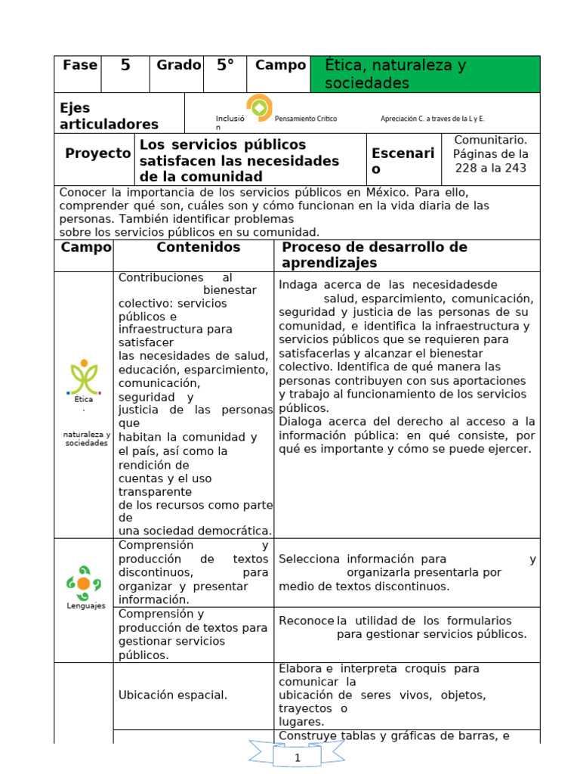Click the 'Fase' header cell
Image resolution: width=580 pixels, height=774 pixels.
tap(80, 66)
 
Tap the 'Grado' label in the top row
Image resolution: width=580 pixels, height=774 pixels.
tap(178, 66)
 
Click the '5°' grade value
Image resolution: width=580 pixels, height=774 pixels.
tap(225, 66)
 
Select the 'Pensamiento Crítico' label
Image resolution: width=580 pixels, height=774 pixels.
tap(306, 119)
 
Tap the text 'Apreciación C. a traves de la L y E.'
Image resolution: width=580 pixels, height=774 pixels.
tap(432, 119)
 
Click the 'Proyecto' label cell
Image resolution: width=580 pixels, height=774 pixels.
tap(97, 153)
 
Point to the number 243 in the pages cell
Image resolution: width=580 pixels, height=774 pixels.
tap(514, 168)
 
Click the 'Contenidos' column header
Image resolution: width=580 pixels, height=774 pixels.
tap(199, 248)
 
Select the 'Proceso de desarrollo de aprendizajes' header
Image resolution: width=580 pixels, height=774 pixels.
tap(374, 255)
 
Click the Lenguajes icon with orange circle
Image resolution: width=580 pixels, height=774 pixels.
tap(83, 583)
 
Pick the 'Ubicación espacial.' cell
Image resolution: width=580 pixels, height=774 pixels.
tap(173, 695)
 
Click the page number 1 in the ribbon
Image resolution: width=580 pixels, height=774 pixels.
tap(298, 757)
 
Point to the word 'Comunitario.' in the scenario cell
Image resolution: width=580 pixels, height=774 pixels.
tap(491, 140)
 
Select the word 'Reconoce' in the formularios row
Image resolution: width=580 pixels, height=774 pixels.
tap(306, 621)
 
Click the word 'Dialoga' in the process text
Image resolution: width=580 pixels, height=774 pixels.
tap(301, 421)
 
